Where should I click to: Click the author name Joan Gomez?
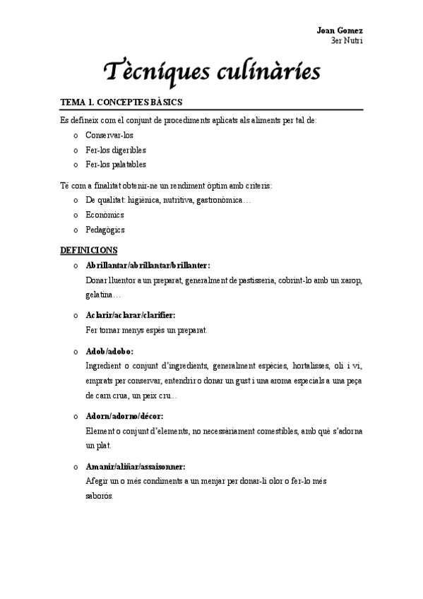click(340, 32)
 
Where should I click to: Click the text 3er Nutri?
click(346, 41)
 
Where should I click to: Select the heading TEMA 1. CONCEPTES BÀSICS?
click(121, 102)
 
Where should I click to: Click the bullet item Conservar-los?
click(109, 135)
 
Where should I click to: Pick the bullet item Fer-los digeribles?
click(116, 150)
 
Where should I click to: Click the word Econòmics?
click(105, 215)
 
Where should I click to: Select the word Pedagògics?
click(105, 230)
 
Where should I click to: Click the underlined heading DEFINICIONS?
click(89, 250)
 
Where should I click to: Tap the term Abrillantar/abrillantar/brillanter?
click(148, 266)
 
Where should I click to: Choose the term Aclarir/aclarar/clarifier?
click(130, 315)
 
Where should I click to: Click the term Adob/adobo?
click(109, 350)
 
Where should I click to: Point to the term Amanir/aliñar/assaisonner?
click(135, 467)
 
